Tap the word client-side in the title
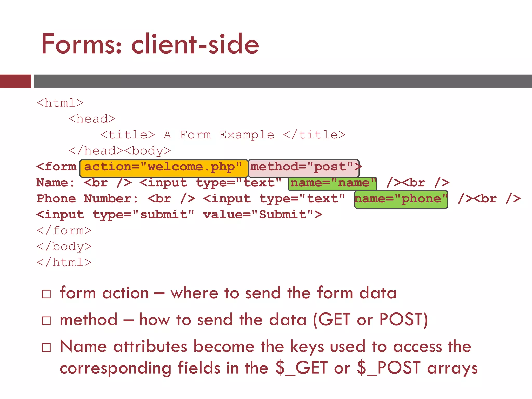click(195, 44)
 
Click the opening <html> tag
click(60, 103)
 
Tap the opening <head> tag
click(92, 119)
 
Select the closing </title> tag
click(314, 135)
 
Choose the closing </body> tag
click(64, 247)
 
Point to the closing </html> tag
click(64, 263)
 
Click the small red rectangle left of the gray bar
click(15, 81)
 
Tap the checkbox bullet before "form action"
click(46, 294)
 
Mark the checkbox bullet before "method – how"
click(46, 321)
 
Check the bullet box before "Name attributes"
click(46, 348)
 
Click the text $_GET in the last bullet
click(301, 368)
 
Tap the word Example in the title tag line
click(247, 135)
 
